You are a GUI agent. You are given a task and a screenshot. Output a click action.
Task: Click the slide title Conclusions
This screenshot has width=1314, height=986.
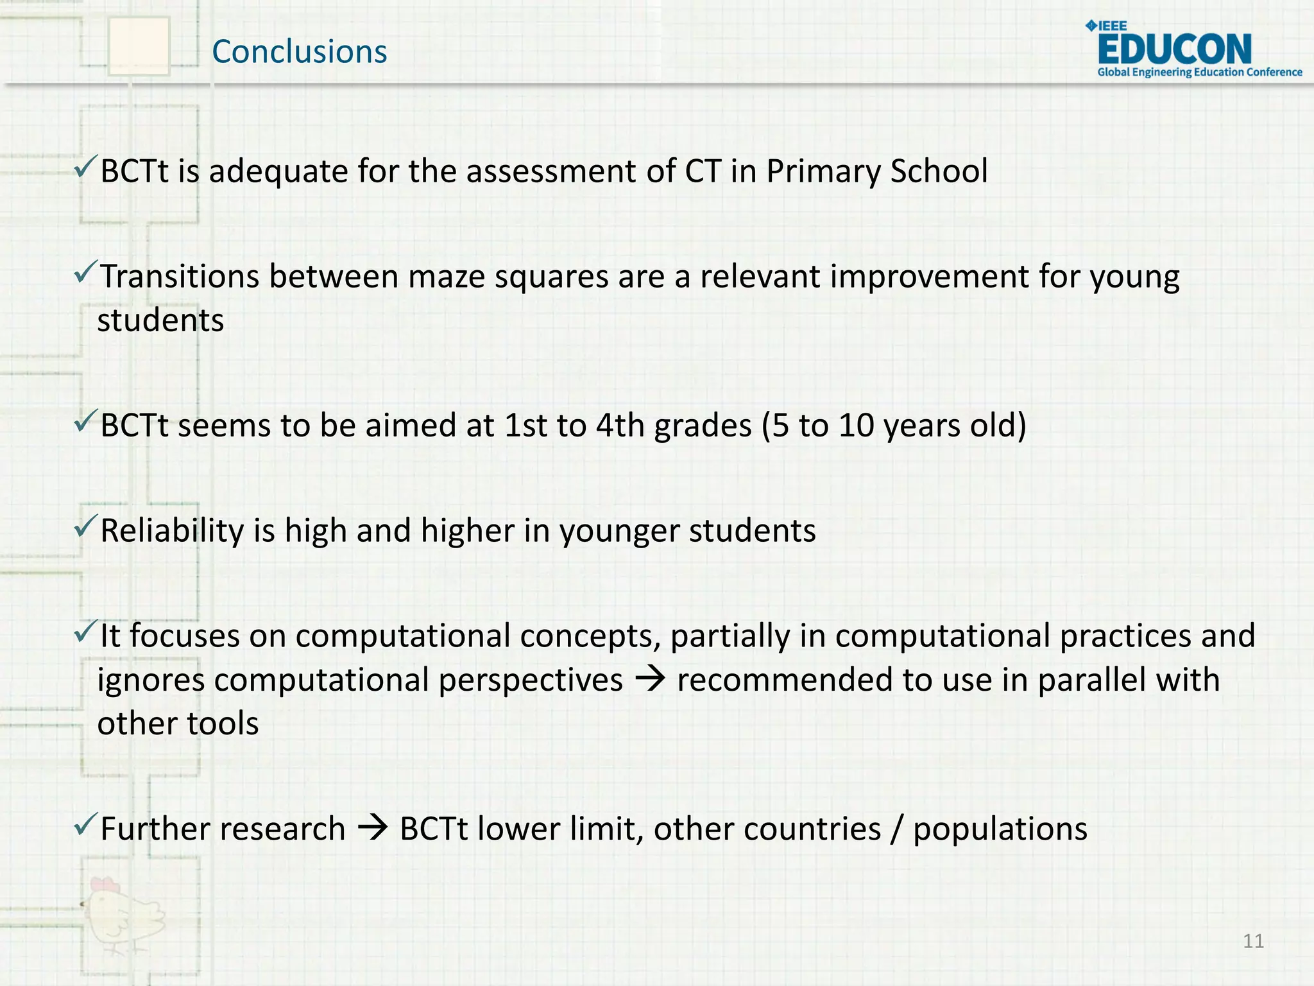(x=299, y=51)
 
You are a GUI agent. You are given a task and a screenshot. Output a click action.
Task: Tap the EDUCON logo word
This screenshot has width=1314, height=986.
(x=1174, y=49)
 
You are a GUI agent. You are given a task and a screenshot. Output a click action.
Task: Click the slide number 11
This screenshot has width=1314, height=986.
(x=1253, y=941)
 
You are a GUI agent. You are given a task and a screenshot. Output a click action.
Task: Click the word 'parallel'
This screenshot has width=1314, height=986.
(x=1091, y=680)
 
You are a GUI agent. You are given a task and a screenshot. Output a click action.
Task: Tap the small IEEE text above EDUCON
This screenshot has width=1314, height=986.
(x=1113, y=26)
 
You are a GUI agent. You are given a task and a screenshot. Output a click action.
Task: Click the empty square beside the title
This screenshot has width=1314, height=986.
(x=139, y=46)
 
